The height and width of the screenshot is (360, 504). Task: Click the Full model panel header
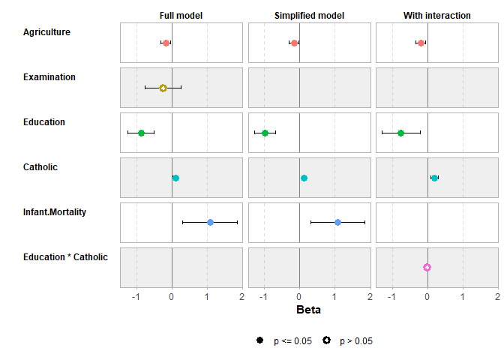click(x=181, y=16)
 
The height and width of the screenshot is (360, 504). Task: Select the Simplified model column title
click(x=309, y=16)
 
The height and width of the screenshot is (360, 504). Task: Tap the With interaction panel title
click(x=437, y=16)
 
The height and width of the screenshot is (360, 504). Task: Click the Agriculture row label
click(x=46, y=32)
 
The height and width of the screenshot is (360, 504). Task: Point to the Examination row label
click(x=49, y=77)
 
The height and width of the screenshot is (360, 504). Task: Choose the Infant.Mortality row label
click(x=55, y=212)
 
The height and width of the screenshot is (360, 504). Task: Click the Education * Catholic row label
click(x=65, y=257)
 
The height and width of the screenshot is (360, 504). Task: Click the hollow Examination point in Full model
click(x=163, y=88)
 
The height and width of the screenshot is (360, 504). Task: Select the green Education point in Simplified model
click(x=265, y=133)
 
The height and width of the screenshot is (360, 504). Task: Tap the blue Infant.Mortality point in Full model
click(x=210, y=222)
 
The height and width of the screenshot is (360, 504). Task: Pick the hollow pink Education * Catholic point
click(x=427, y=267)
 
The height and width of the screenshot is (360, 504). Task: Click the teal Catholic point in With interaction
click(x=434, y=178)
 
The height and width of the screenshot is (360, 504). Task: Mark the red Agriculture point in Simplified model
click(x=294, y=43)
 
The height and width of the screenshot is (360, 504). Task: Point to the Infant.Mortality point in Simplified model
click(x=337, y=222)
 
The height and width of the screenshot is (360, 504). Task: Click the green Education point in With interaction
click(x=400, y=133)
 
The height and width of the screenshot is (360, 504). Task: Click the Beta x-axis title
click(x=309, y=310)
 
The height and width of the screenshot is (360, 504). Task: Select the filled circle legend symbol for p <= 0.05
click(x=260, y=340)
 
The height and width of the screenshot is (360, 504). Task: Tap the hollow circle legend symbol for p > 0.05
click(x=327, y=340)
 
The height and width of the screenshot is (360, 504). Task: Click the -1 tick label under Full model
click(x=136, y=297)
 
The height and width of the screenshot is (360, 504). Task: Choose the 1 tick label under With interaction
click(x=463, y=297)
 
